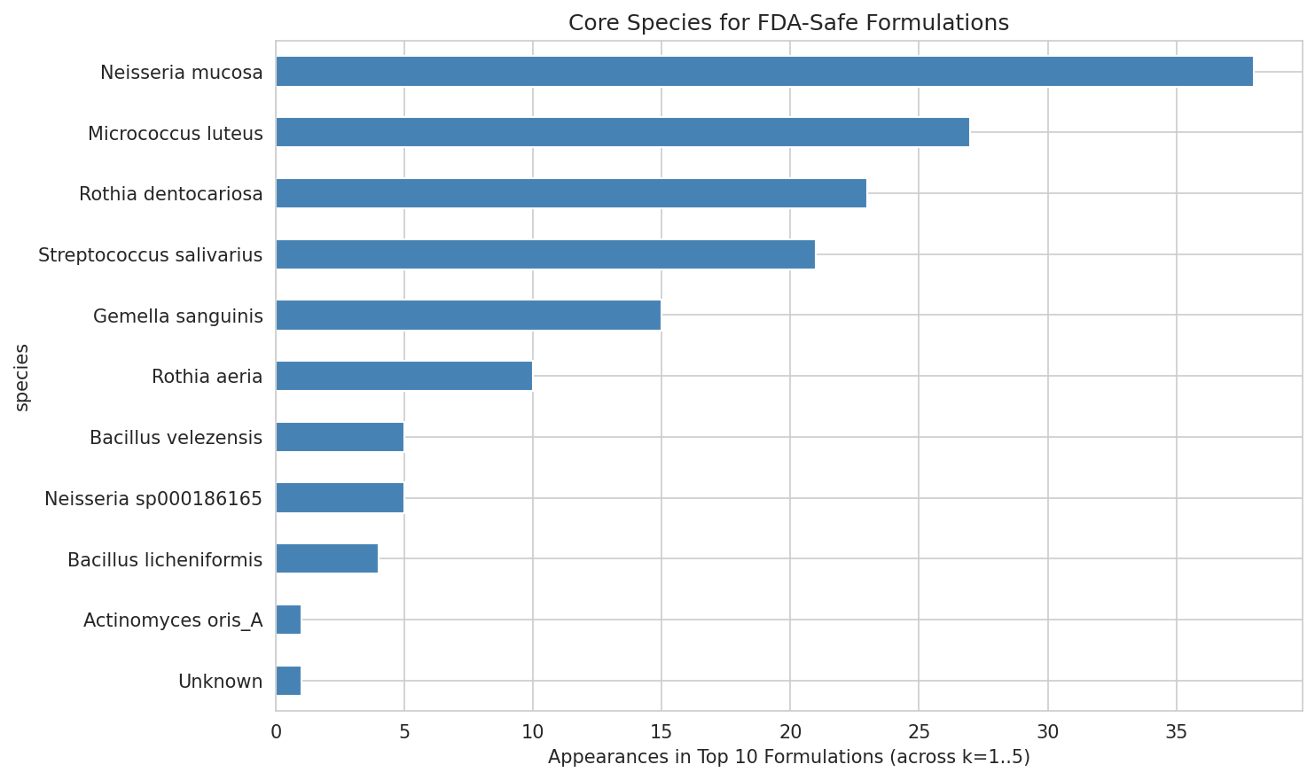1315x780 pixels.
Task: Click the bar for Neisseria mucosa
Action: pyautogui.click(x=764, y=72)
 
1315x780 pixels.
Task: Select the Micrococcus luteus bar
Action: pyautogui.click(x=622, y=132)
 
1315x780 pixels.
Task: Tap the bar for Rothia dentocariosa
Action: pyautogui.click(x=571, y=193)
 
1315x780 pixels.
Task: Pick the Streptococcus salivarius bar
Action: pyautogui.click(x=545, y=254)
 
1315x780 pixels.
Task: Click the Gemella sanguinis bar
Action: pyautogui.click(x=468, y=316)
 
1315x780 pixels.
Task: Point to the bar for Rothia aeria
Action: pyautogui.click(x=404, y=376)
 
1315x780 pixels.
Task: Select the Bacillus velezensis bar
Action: pyautogui.click(x=340, y=437)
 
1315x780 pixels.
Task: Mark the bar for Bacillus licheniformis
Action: pyautogui.click(x=327, y=558)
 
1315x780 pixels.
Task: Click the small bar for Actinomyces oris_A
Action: pyautogui.click(x=288, y=620)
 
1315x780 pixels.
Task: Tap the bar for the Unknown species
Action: pyautogui.click(x=288, y=681)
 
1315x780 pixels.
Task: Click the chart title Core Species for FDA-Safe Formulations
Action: pyautogui.click(x=788, y=23)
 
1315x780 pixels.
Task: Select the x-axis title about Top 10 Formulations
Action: pyautogui.click(x=788, y=758)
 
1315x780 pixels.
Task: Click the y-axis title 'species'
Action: pyautogui.click(x=23, y=377)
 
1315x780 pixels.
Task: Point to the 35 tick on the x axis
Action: pyautogui.click(x=1176, y=732)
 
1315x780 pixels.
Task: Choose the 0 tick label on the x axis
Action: pyautogui.click(x=276, y=732)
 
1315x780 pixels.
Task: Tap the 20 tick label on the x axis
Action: pyautogui.click(x=790, y=732)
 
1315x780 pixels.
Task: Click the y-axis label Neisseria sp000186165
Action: pyautogui.click(x=153, y=499)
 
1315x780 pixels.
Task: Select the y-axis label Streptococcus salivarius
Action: pyautogui.click(x=151, y=255)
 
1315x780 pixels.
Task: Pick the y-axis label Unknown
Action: pyautogui.click(x=221, y=682)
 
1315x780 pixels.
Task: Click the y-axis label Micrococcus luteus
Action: pyautogui.click(x=176, y=134)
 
